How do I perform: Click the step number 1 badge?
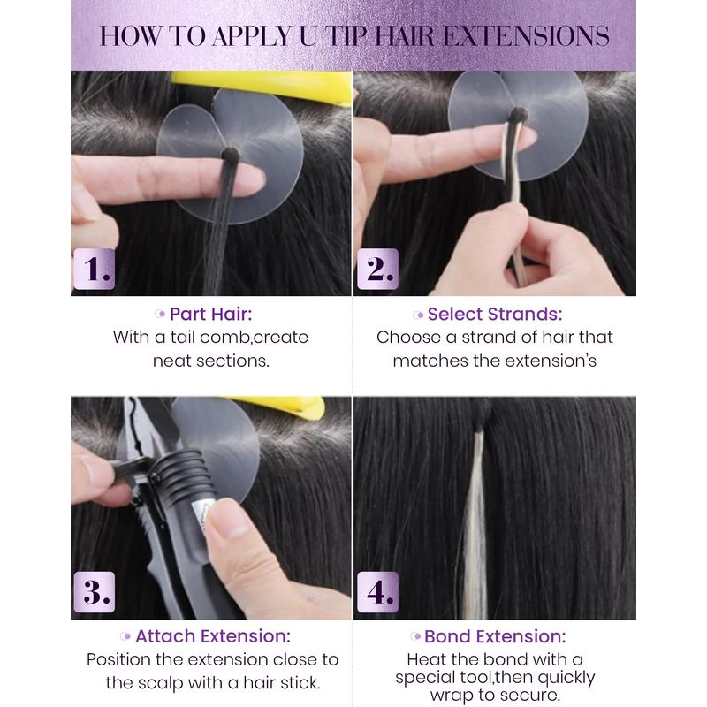pos(95,269)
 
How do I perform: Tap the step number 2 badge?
pos(378,269)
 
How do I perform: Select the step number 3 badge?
pos(95,592)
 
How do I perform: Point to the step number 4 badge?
pos(378,592)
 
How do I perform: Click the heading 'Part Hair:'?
pos(210,315)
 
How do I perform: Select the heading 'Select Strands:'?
pos(495,315)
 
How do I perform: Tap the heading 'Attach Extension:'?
pos(213,636)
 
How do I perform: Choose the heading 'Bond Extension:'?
pos(495,636)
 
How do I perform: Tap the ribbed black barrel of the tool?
pos(180,474)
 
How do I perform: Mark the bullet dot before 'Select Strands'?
pos(419,315)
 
